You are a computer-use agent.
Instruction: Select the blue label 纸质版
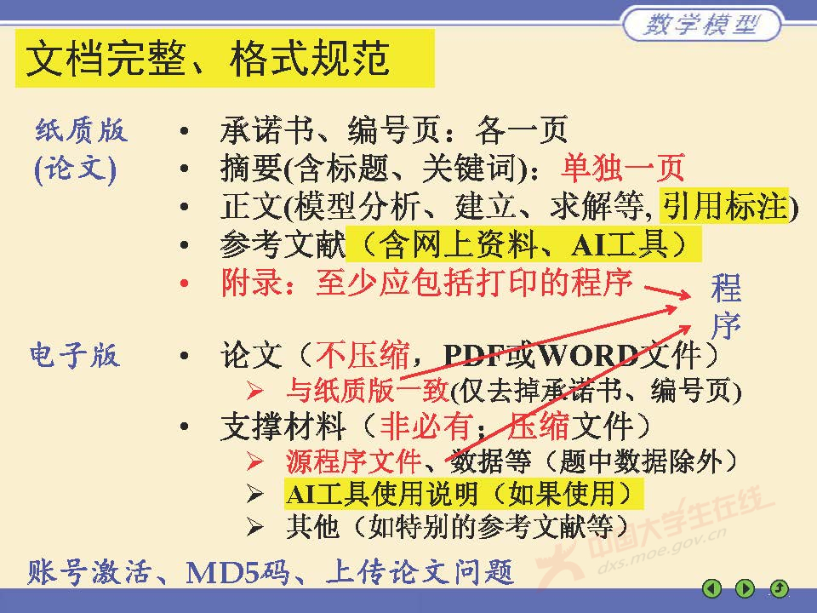81,130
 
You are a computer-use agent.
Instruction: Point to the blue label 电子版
74,355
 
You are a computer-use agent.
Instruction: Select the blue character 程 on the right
727,289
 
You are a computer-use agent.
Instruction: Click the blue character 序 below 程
727,325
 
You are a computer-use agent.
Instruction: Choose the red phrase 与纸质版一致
367,391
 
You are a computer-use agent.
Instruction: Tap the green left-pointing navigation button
711,587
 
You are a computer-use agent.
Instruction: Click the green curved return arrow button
779,587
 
